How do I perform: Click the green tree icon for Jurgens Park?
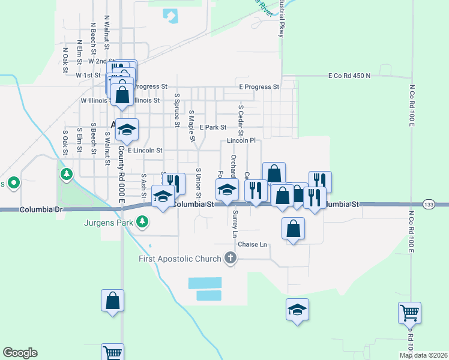[142, 223]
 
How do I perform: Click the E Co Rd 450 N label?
[349, 76]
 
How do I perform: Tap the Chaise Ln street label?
[252, 244]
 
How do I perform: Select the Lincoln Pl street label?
[241, 140]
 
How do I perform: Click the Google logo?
[20, 353]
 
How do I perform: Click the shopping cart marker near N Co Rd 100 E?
[409, 312]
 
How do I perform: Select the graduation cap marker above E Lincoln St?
[127, 128]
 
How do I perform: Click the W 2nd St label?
[101, 61]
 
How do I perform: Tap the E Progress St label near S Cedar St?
[259, 87]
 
